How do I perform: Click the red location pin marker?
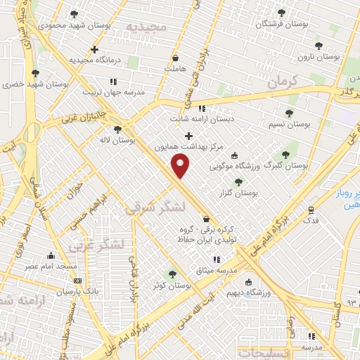[x=181, y=166]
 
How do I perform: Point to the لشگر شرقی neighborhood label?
[x=155, y=207]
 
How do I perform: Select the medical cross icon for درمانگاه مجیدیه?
[x=94, y=49]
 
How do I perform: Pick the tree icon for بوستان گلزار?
[x=238, y=181]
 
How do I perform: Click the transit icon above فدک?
[x=310, y=210]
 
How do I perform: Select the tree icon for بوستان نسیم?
[x=289, y=112]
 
